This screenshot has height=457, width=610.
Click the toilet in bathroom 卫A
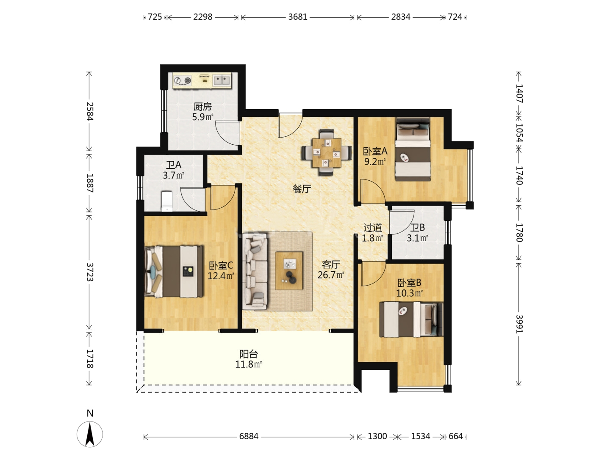tap(167, 201)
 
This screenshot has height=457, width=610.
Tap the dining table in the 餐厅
tap(327, 153)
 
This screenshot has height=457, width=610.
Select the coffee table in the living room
tap(289, 270)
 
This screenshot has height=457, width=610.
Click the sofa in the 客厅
tap(255, 272)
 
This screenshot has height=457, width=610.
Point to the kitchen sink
tap(222, 80)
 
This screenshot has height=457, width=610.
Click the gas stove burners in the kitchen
tap(183, 81)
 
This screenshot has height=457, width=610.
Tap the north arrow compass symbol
tap(90, 434)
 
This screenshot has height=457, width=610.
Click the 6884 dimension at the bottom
tap(249, 436)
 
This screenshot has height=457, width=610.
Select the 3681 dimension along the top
tap(298, 17)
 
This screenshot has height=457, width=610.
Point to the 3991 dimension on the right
tap(519, 324)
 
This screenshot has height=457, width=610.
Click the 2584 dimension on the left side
tap(89, 112)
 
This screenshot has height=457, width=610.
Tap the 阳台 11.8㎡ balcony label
tap(249, 359)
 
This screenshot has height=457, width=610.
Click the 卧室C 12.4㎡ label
tap(221, 270)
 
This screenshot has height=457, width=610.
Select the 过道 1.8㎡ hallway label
tap(373, 233)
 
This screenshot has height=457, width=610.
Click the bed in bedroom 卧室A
tap(413, 149)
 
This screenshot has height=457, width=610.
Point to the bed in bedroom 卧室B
tap(411, 319)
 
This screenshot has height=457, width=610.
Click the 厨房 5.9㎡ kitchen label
tap(202, 112)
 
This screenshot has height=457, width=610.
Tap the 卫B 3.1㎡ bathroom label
tap(417, 233)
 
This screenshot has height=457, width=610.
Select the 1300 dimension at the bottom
tap(377, 436)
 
